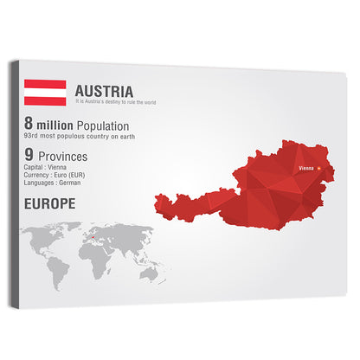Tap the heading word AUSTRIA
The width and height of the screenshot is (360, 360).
tap(104, 91)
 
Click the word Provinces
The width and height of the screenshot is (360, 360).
tap(67, 156)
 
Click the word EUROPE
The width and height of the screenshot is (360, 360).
tap(50, 204)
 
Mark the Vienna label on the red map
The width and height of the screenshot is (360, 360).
tap(305, 167)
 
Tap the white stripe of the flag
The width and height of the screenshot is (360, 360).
tap(45, 93)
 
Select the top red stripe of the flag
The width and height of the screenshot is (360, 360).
tap(45, 84)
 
